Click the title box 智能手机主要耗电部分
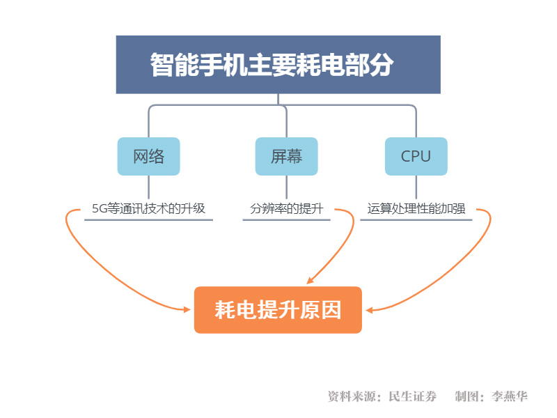tap(278, 64)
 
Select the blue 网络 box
tap(148, 156)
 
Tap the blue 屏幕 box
tap(286, 156)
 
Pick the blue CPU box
tap(416, 156)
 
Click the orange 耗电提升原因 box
tap(278, 310)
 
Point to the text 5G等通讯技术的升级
tap(148, 208)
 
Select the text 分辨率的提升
tap(287, 208)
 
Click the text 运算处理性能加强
tap(416, 208)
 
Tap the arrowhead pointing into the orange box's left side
tap(187, 309)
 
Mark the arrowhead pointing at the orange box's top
tap(310, 281)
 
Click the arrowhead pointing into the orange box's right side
tap(369, 310)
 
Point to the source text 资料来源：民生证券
tap(382, 396)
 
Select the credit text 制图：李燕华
tap(492, 396)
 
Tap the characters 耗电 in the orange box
tap(235, 310)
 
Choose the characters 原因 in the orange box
tap(320, 310)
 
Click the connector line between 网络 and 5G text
tap(148, 187)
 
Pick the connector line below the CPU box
tap(416, 187)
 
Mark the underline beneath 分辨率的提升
tap(286, 219)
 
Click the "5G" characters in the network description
tap(100, 208)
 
